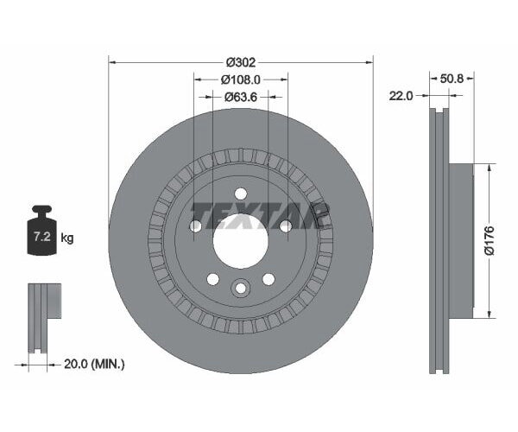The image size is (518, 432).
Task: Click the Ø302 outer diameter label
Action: tap(242, 62)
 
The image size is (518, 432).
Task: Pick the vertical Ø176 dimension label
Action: tap(489, 239)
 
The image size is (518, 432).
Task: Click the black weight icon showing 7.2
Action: tap(41, 232)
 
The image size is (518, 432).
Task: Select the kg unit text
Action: tap(67, 238)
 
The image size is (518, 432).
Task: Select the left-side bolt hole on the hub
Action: tap(195, 226)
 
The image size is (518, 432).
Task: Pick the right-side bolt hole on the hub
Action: tap(285, 226)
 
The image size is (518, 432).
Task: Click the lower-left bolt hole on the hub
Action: tap(212, 278)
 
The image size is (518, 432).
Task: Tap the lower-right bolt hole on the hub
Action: tap(268, 278)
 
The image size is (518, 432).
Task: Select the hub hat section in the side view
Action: tap(461, 239)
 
